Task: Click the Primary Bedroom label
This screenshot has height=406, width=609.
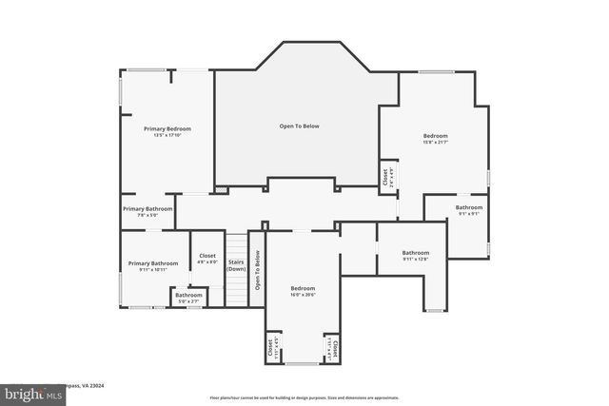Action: tap(167, 128)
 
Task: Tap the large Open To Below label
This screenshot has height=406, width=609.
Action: tap(298, 126)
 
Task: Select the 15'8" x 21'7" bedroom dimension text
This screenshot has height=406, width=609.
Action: tap(435, 143)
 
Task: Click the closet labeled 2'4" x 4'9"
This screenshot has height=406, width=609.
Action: tap(388, 178)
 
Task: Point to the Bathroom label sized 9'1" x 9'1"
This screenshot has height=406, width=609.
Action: tap(468, 210)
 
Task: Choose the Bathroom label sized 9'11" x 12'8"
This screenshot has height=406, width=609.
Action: tap(416, 255)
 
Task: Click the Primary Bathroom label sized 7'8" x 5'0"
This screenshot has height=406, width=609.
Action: tap(147, 211)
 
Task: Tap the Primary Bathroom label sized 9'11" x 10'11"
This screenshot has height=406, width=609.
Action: tap(152, 266)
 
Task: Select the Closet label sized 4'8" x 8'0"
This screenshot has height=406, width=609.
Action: tap(206, 258)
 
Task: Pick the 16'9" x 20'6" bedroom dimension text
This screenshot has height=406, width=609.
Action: tap(303, 295)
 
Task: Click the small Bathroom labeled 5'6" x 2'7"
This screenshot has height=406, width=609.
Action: tap(187, 298)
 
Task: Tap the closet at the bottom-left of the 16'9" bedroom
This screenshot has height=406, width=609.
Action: tap(270, 347)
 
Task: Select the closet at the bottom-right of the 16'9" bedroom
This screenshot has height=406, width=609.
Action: tap(334, 347)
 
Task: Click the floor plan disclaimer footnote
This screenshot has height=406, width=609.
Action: tap(304, 396)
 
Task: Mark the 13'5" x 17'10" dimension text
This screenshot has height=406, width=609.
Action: tap(167, 135)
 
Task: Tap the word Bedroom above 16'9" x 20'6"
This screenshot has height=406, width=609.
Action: tap(303, 288)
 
